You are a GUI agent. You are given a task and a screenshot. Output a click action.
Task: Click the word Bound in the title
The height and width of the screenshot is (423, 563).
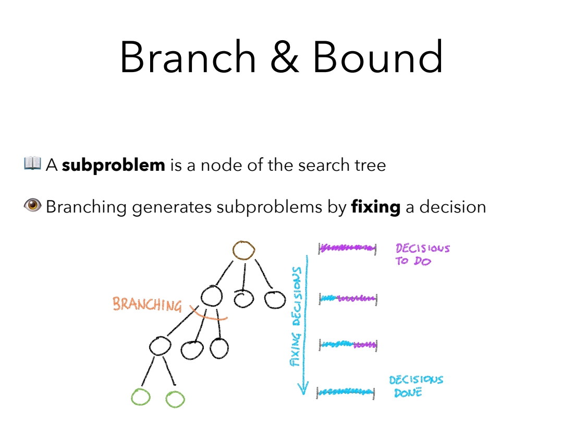coord(378,57)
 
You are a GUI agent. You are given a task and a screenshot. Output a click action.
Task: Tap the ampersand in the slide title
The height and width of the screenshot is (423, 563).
coord(284,57)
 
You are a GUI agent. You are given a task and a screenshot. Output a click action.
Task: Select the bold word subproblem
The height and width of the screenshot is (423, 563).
coord(113,166)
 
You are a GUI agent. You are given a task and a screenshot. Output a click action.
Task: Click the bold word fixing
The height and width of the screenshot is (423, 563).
coord(376,207)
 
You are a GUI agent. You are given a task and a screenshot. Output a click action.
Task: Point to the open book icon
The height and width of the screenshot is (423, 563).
coord(32,163)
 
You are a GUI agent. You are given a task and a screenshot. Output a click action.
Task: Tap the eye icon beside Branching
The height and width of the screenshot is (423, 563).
coord(32,206)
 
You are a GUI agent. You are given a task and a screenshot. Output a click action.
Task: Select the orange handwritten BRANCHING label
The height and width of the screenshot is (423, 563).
coord(147,304)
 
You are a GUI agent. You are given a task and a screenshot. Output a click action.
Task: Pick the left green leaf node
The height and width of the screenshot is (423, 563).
coord(141,398)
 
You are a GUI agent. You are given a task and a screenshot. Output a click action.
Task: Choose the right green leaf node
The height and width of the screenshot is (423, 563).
coord(175,399)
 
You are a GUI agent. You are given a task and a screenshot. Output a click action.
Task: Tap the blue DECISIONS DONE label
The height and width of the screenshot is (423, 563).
coord(415,386)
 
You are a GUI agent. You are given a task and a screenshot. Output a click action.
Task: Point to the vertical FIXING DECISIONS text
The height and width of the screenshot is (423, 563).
coord(296,316)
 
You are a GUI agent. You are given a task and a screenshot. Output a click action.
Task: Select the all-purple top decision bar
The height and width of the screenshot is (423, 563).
coord(347,248)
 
